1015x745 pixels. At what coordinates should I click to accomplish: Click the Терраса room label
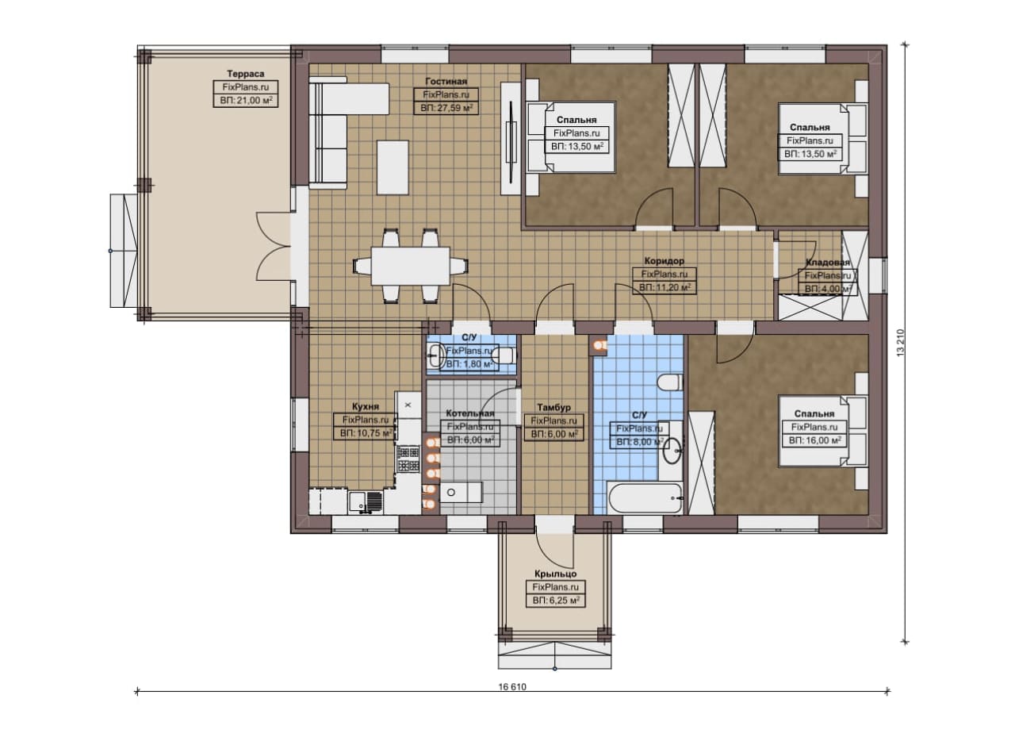click(x=246, y=74)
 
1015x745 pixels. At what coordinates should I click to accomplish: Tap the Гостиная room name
click(x=446, y=81)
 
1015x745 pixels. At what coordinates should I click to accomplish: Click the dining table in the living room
click(x=411, y=266)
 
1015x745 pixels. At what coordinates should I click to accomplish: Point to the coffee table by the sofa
click(x=393, y=167)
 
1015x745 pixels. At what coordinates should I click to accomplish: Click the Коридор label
click(x=665, y=261)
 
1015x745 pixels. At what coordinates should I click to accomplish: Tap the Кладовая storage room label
click(x=827, y=262)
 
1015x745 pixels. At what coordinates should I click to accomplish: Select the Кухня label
click(x=366, y=407)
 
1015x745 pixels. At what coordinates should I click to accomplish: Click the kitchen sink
click(x=366, y=502)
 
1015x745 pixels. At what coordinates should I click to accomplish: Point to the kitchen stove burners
click(x=408, y=459)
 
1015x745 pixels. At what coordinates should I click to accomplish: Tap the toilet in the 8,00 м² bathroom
click(x=670, y=382)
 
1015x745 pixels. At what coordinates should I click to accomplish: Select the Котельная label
click(x=470, y=413)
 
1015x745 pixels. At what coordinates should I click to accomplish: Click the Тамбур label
click(x=553, y=407)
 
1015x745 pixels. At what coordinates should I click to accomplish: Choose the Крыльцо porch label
click(x=556, y=574)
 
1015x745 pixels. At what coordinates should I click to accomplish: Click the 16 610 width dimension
click(x=512, y=687)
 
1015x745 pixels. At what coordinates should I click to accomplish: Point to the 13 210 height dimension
click(x=900, y=342)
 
